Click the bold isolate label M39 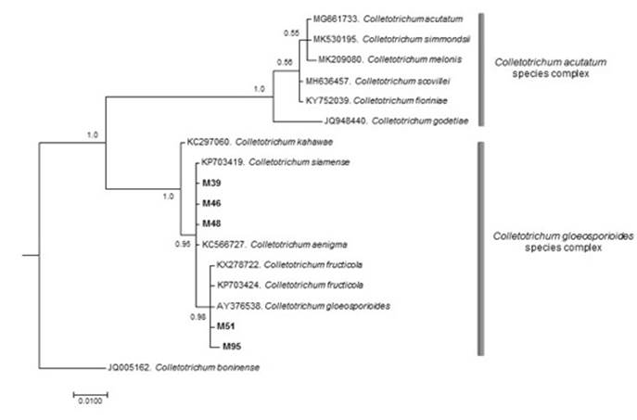coord(213,183)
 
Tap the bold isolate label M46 coord(213,203)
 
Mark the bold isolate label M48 coord(213,223)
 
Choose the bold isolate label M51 coord(226,325)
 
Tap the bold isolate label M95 coord(234,347)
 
